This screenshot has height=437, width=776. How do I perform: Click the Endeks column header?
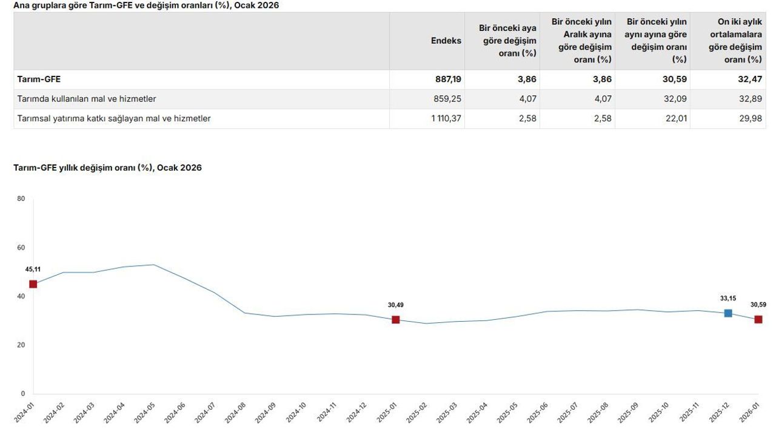tap(446, 41)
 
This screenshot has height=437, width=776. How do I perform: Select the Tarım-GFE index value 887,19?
tap(448, 79)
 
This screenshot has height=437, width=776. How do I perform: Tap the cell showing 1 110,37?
tap(446, 118)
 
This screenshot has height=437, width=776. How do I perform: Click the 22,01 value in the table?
tap(677, 118)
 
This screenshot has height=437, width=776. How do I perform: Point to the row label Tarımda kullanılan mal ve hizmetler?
tap(87, 99)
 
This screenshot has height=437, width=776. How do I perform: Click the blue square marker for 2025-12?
tap(728, 313)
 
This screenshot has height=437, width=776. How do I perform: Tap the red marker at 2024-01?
tap(33, 284)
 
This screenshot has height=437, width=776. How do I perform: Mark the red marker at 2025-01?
tap(396, 320)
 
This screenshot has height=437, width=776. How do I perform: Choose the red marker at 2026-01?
tap(758, 319)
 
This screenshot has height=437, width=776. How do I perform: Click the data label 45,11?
tap(33, 269)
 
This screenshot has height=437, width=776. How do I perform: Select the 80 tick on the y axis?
tap(21, 199)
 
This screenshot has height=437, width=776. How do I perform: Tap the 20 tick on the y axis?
tap(21, 345)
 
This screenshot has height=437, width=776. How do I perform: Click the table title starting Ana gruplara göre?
tap(146, 5)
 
